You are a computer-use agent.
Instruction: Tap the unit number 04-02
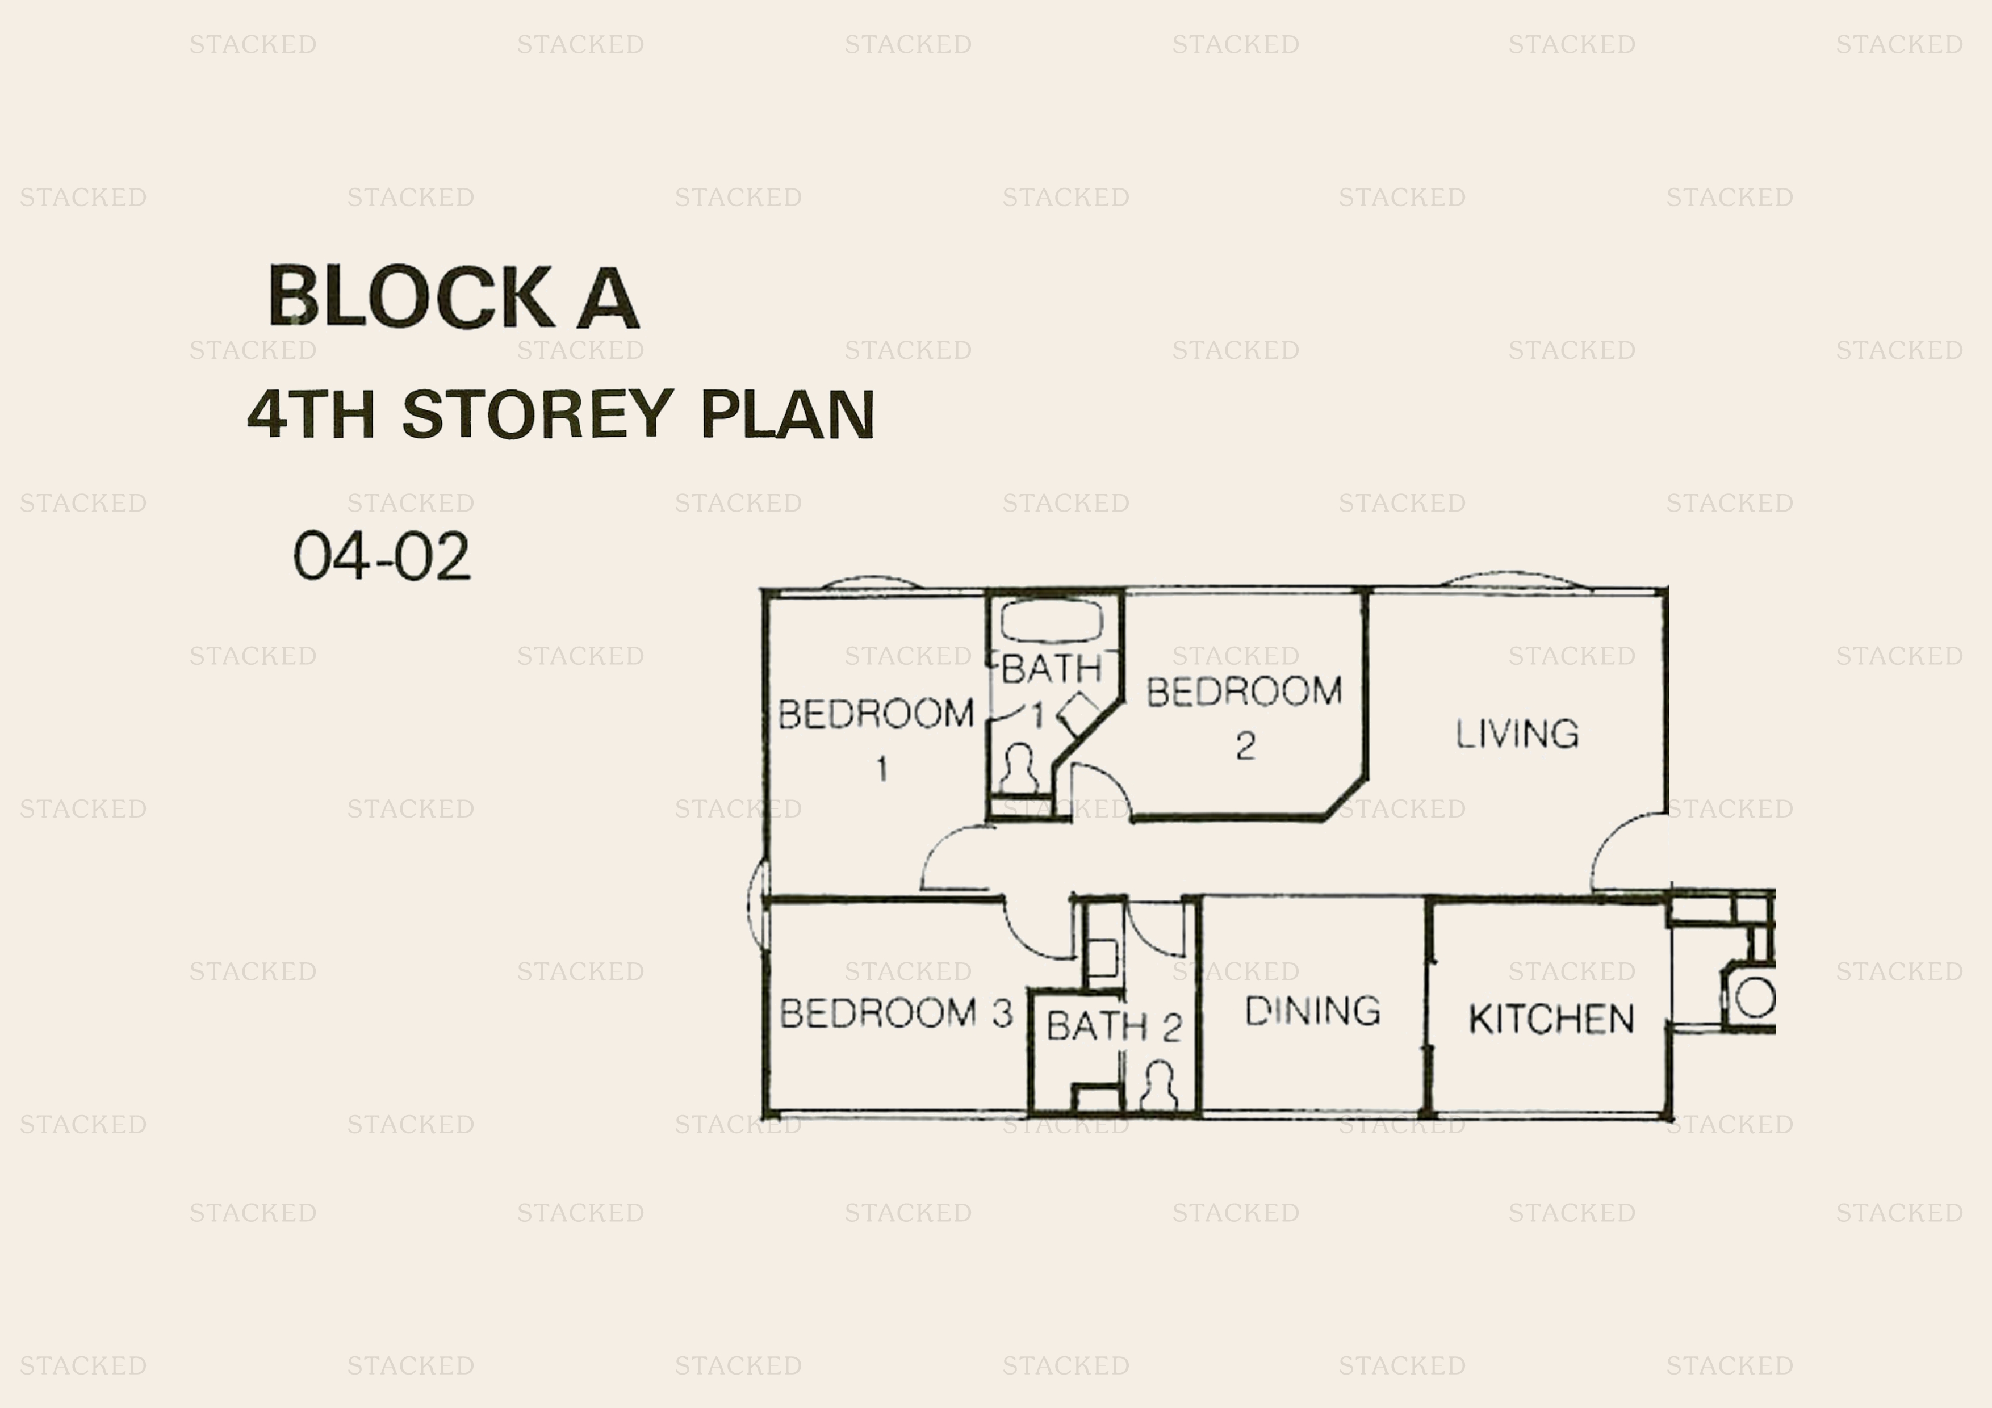pyautogui.click(x=382, y=556)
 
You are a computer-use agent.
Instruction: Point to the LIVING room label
pyautogui.click(x=1517, y=734)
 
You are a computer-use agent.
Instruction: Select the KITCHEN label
pyautogui.click(x=1551, y=1019)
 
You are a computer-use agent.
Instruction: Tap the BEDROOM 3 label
pyautogui.click(x=895, y=1013)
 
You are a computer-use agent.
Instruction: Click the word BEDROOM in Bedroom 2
pyautogui.click(x=1244, y=692)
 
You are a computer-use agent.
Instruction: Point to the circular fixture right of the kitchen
pyautogui.click(x=1754, y=998)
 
